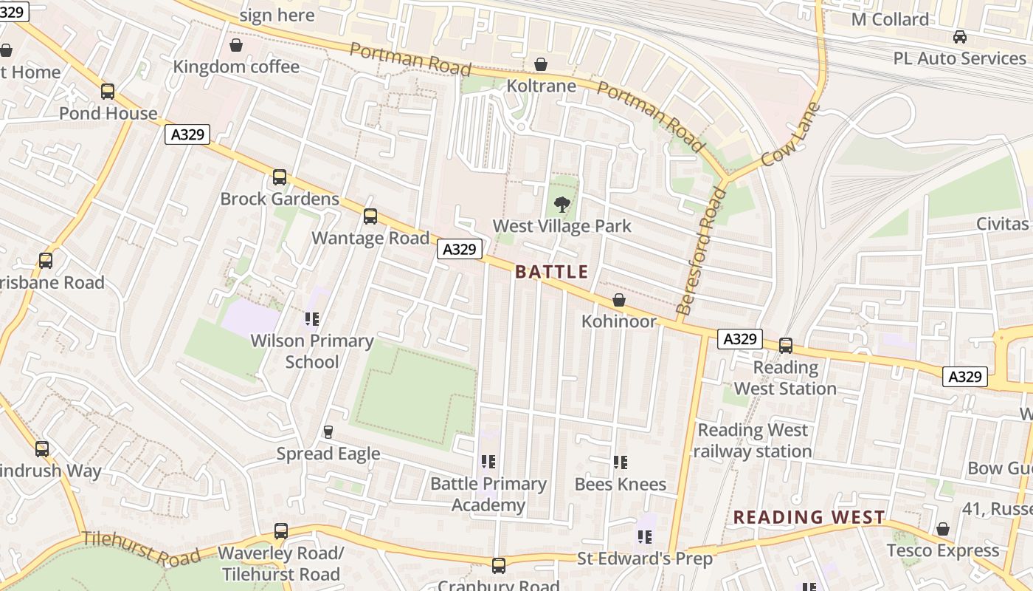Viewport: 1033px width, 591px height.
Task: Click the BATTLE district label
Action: (x=551, y=272)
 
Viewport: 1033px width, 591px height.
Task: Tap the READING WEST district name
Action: (x=809, y=517)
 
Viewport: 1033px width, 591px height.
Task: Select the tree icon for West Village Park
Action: (x=562, y=205)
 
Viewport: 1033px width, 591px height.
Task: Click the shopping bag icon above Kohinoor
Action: (x=619, y=301)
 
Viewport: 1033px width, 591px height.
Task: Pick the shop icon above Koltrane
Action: (x=541, y=65)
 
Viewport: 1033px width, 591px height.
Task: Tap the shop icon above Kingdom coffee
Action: (x=236, y=46)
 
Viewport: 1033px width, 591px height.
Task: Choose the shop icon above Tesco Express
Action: (x=942, y=529)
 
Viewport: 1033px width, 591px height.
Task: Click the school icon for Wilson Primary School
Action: (x=311, y=319)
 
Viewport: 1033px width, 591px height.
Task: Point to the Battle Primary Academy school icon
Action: (x=488, y=462)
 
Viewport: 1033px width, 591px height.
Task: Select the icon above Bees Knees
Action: (x=620, y=463)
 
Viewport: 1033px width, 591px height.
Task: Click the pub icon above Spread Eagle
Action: (x=328, y=432)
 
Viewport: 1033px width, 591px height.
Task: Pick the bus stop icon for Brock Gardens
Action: (x=280, y=177)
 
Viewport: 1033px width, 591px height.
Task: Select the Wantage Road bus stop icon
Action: (x=370, y=216)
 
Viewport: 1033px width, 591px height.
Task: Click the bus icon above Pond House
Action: (x=108, y=92)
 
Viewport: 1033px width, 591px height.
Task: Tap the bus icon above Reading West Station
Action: (x=786, y=346)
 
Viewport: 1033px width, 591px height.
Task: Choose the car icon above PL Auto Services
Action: (x=959, y=37)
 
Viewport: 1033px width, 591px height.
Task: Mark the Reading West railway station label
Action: (x=753, y=440)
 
